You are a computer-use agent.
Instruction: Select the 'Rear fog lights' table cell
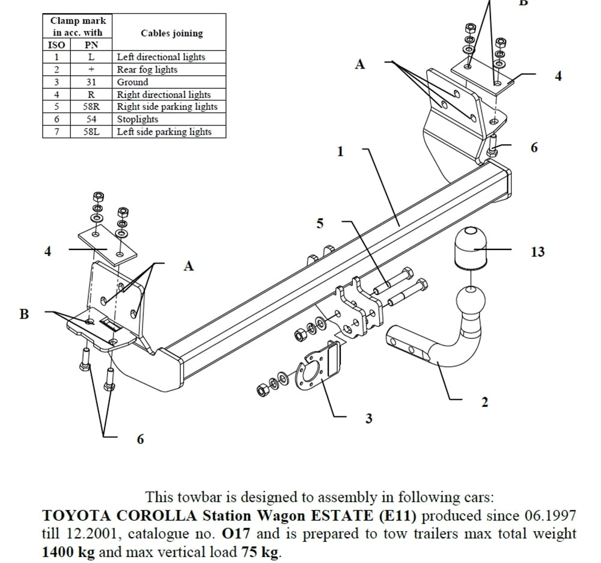[x=147, y=69]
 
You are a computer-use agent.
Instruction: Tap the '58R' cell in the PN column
[x=91, y=106]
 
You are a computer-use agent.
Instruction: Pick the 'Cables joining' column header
[x=171, y=33]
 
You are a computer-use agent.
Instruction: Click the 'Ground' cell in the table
[x=132, y=82]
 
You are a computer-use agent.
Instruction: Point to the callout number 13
[x=537, y=252]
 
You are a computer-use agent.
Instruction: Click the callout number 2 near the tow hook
[x=485, y=402]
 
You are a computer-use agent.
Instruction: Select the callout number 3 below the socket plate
[x=368, y=418]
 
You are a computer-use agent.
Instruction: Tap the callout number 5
[x=320, y=224]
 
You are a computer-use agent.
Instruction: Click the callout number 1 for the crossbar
[x=340, y=151]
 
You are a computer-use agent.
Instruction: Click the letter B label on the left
[x=24, y=314]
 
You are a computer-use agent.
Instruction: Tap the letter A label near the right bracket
[x=359, y=64]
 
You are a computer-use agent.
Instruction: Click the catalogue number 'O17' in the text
[x=234, y=533]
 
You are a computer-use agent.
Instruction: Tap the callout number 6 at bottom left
[x=140, y=439]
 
